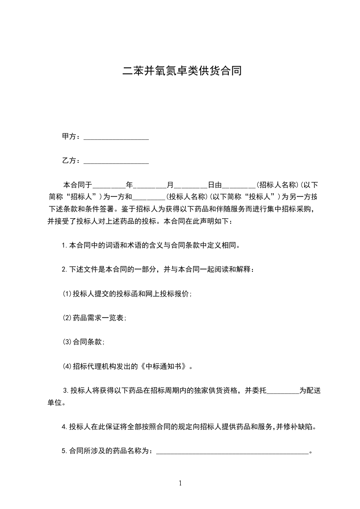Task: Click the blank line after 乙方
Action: (117, 161)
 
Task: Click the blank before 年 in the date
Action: (109, 186)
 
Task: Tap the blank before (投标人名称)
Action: (149, 197)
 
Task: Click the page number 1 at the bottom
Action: (180, 483)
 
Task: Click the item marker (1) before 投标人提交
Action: (67, 294)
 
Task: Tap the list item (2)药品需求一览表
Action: (94, 318)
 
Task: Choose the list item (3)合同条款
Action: (84, 343)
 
